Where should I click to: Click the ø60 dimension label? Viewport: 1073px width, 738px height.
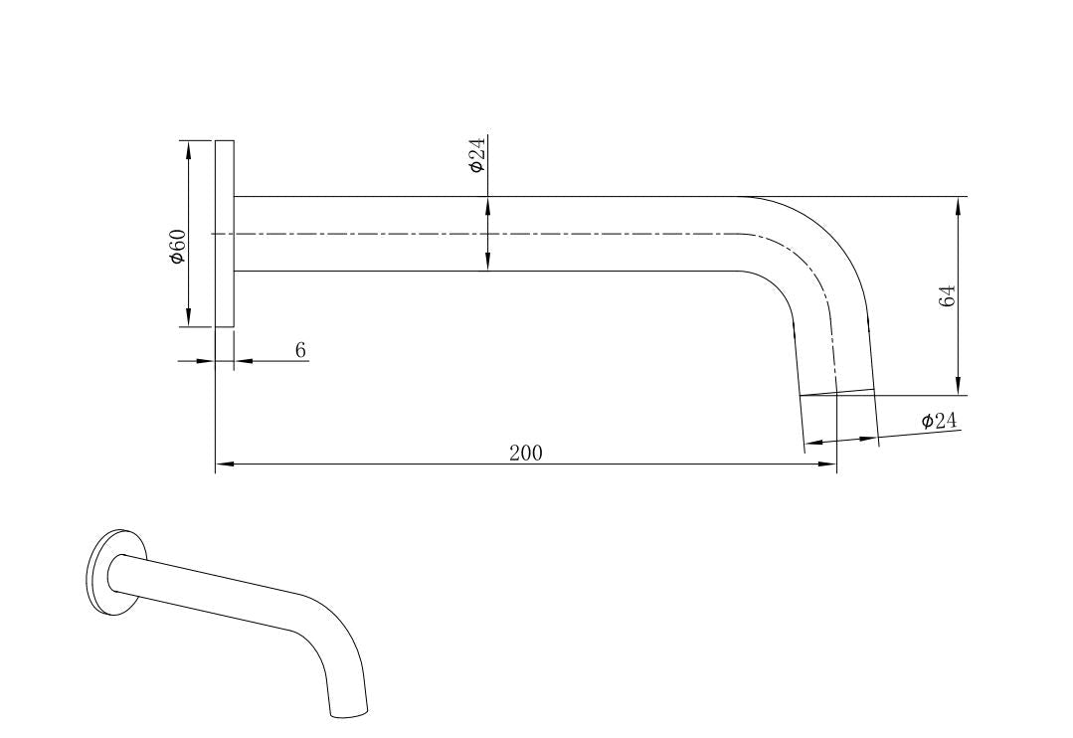click(x=177, y=246)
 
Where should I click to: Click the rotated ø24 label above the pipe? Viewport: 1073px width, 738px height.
click(x=477, y=155)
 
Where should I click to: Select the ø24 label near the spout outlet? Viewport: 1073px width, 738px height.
click(x=938, y=421)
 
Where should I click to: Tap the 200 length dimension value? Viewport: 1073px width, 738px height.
click(x=526, y=454)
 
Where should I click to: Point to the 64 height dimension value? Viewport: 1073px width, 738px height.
click(x=948, y=295)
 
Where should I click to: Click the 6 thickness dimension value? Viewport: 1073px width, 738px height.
click(x=300, y=349)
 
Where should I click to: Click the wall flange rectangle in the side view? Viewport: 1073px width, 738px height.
click(x=225, y=233)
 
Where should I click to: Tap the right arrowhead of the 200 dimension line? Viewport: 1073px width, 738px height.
click(x=828, y=464)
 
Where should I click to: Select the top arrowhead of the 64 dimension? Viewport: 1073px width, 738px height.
click(x=958, y=204)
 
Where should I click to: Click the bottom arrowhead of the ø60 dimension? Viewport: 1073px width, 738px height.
click(x=188, y=319)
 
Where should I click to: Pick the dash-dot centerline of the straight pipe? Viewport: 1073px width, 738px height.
click(x=497, y=234)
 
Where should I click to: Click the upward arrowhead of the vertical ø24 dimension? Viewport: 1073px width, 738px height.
click(x=487, y=205)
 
